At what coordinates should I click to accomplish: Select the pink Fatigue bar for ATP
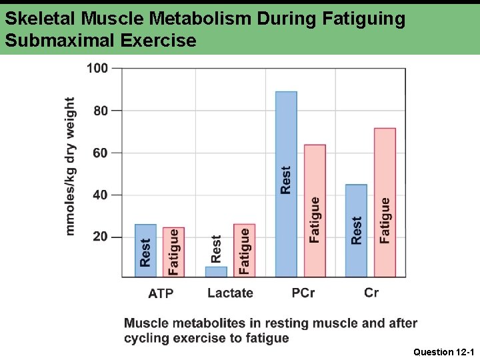[173, 252]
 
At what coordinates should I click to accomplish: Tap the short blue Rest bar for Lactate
[216, 271]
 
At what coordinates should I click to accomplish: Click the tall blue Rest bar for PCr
[286, 183]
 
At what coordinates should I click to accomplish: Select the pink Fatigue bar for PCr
[315, 210]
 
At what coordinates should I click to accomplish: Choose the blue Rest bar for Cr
[356, 230]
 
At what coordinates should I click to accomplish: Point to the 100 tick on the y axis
[97, 68]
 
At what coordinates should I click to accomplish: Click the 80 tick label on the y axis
[100, 111]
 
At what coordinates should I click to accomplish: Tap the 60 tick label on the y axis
[100, 153]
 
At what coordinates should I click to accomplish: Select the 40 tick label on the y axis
[100, 195]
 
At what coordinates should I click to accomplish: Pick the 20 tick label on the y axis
[100, 237]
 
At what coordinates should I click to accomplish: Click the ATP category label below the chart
[161, 293]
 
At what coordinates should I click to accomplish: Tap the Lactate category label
[230, 293]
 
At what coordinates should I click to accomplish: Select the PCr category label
[303, 293]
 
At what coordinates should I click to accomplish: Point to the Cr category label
[371, 293]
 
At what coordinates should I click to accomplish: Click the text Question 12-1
[443, 351]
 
